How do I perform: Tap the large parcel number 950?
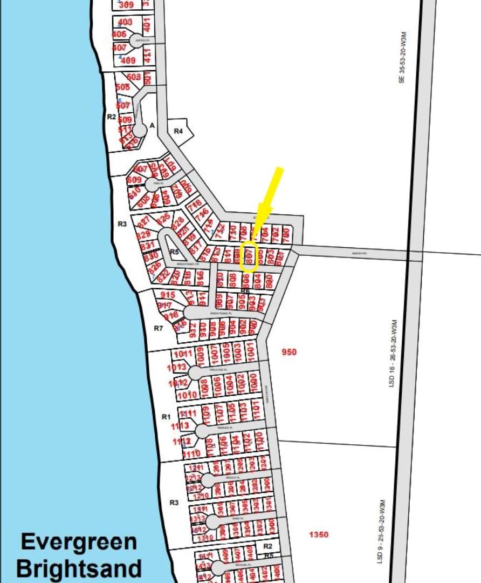[x=289, y=352]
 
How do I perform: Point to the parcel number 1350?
[x=318, y=534]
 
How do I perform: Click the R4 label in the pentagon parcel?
[x=178, y=131]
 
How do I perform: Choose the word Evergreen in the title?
[x=79, y=542]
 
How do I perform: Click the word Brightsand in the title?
[x=79, y=568]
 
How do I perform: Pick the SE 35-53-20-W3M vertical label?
[x=401, y=59]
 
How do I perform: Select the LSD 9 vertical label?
[x=382, y=532]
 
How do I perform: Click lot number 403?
[x=125, y=22]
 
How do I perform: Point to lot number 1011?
[x=183, y=354]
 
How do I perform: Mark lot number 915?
[x=168, y=295]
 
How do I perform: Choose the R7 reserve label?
[x=159, y=328]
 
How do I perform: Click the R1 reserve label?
[x=166, y=417]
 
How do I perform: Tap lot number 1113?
[x=180, y=426]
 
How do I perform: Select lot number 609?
[x=134, y=180]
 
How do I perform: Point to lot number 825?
[x=163, y=218]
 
